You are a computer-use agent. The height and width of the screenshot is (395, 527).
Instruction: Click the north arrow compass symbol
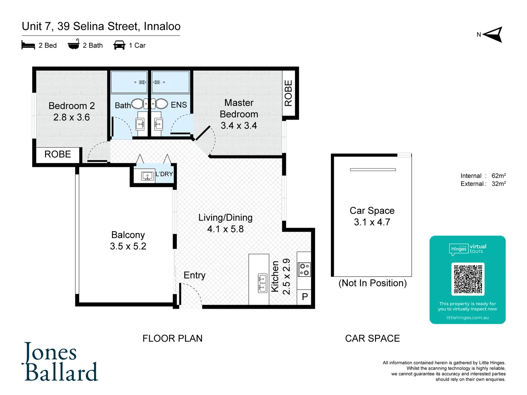494,35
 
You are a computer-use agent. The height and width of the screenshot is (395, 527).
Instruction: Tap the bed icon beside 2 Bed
28,45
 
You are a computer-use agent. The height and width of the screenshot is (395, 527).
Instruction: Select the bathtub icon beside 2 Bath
74,45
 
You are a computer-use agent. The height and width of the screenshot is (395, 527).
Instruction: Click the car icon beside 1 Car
119,45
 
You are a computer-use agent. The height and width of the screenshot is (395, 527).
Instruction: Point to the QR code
468,279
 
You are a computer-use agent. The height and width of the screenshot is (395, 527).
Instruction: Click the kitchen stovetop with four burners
304,270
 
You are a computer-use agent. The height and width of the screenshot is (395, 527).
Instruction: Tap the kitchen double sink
262,283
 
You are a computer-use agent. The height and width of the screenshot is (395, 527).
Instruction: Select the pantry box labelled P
304,297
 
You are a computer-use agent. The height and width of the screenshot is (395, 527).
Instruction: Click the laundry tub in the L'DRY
147,176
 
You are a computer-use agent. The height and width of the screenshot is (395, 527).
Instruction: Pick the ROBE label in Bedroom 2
57,154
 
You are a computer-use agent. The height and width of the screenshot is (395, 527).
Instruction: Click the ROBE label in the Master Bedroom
288,93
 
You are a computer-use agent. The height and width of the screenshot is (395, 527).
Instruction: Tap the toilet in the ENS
160,104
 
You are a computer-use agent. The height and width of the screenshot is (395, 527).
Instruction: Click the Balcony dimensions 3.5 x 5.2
128,246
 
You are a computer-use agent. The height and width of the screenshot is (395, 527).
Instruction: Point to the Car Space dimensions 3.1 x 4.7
372,222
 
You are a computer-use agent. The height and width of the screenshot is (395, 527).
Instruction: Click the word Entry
194,275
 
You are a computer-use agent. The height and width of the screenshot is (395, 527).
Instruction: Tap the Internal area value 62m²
498,176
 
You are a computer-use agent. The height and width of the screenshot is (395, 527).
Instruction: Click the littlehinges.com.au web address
467,317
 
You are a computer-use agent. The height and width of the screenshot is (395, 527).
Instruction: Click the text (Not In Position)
373,283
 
